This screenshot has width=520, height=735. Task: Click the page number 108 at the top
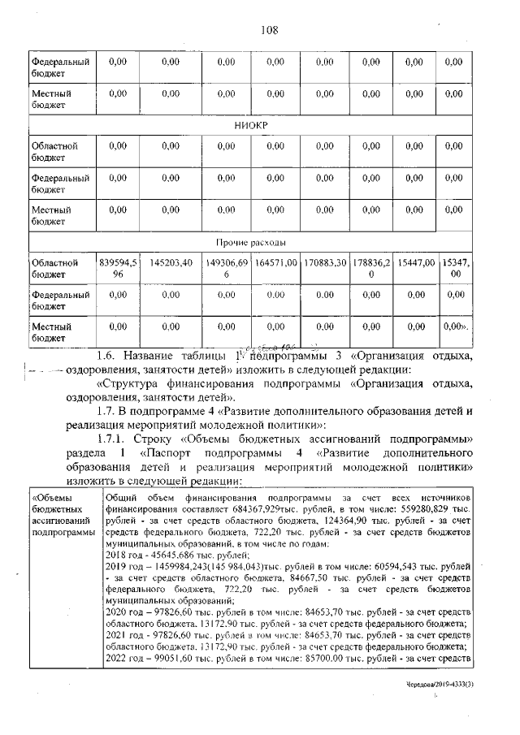[x=269, y=30]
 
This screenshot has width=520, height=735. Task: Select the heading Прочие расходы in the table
[x=250, y=243]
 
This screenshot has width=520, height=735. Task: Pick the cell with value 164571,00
[x=275, y=263]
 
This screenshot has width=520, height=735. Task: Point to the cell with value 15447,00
[x=415, y=263]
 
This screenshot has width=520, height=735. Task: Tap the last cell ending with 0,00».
[x=454, y=326]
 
